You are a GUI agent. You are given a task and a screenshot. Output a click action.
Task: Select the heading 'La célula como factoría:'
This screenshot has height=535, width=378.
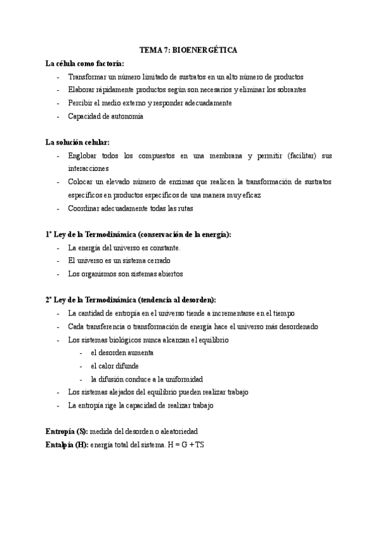click(x=84, y=64)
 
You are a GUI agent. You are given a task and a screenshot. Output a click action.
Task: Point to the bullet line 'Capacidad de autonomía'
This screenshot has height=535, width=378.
click(x=106, y=116)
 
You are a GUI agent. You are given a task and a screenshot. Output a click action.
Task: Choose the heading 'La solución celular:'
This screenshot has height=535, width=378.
click(x=78, y=143)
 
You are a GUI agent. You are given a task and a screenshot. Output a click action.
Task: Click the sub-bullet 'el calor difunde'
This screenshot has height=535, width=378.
click(x=115, y=366)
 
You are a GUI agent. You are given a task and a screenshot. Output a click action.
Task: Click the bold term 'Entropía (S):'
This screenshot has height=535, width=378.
click(x=67, y=432)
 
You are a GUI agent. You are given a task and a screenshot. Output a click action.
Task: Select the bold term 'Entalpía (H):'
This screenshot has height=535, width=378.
click(x=67, y=445)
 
